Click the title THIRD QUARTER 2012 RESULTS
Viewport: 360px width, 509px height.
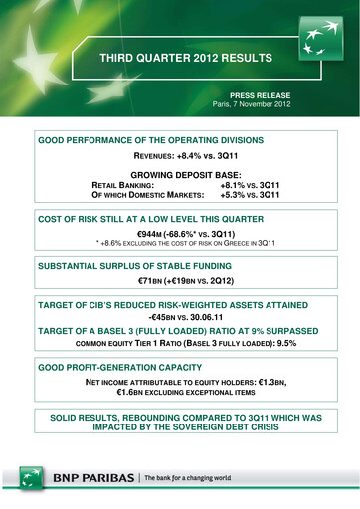[x=178, y=59]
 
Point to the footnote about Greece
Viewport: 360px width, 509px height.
[x=180, y=243]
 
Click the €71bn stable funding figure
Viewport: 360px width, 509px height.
[x=147, y=282]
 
